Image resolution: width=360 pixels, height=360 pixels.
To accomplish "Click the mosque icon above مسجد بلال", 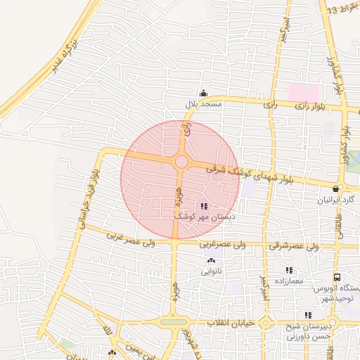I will [203, 93].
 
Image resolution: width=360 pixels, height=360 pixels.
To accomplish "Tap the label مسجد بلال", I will [203, 104].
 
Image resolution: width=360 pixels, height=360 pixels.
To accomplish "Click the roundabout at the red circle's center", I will [181, 162].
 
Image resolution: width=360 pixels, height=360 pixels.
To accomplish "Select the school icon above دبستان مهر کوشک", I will [204, 206].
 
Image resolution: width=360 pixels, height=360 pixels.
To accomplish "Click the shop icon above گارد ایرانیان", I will [336, 188].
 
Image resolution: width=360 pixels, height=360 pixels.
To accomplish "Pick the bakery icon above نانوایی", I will [211, 261].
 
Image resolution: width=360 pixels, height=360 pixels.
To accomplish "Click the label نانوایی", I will [212, 271].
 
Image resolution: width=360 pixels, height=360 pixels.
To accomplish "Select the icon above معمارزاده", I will [288, 270].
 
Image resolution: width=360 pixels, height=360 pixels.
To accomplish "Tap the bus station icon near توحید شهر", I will [337, 278].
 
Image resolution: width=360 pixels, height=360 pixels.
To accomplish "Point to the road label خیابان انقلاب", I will [229, 323].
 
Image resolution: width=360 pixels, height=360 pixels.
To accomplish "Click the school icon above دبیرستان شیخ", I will [308, 315].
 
